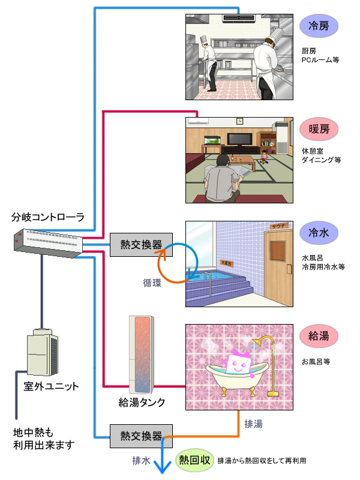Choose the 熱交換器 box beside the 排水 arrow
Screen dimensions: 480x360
pos(141,436)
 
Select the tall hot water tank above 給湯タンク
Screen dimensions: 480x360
pos(143,355)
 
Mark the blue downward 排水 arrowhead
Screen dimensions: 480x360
pos(161,468)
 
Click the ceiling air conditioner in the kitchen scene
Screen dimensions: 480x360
pos(239,18)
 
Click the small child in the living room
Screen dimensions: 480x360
pos(263,157)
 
